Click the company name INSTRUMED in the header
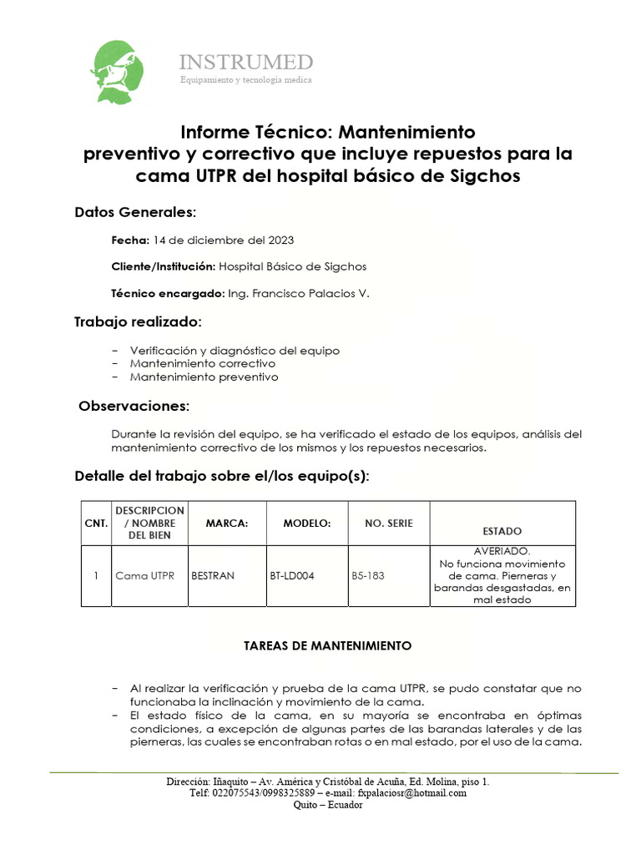[246, 63]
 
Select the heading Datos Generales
[135, 212]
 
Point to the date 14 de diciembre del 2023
[224, 240]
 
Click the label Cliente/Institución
[163, 267]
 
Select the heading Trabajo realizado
[138, 321]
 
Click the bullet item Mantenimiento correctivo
[203, 364]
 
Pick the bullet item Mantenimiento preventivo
[204, 377]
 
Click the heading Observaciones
[134, 407]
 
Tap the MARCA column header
[228, 524]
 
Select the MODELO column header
[307, 524]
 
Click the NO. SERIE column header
[389, 524]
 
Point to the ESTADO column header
[502, 531]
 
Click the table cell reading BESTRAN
[213, 576]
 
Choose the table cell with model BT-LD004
[292, 576]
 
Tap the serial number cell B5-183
[368, 576]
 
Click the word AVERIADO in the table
[502, 552]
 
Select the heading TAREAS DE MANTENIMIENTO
[327, 647]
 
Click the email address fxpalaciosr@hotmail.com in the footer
[411, 793]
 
